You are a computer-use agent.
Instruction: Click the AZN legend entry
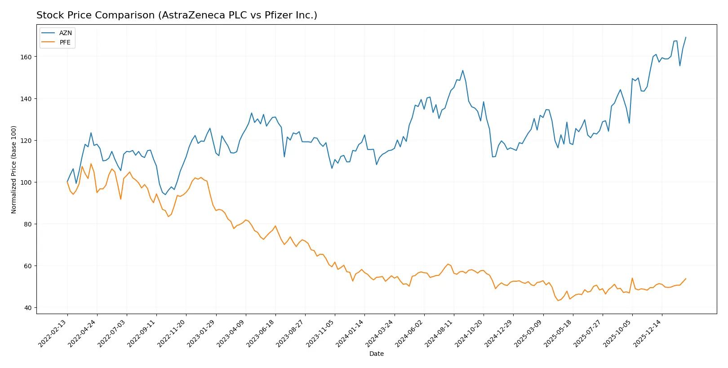pyautogui.click(x=65, y=33)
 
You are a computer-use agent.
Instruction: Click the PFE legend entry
pyautogui.click(x=65, y=42)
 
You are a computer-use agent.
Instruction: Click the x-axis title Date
pyautogui.click(x=376, y=354)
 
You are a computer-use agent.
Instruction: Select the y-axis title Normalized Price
pyautogui.click(x=14, y=169)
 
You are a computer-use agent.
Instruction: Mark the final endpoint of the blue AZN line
pyautogui.click(x=686, y=37)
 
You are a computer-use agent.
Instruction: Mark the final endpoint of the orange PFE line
pyautogui.click(x=686, y=279)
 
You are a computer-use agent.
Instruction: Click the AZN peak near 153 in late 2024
pyautogui.click(x=463, y=71)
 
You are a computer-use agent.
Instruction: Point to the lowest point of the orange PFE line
pyautogui.click(x=558, y=300)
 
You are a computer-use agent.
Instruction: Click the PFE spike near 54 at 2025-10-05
pyautogui.click(x=632, y=278)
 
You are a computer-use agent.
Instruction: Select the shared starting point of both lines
pyautogui.click(x=67, y=182)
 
